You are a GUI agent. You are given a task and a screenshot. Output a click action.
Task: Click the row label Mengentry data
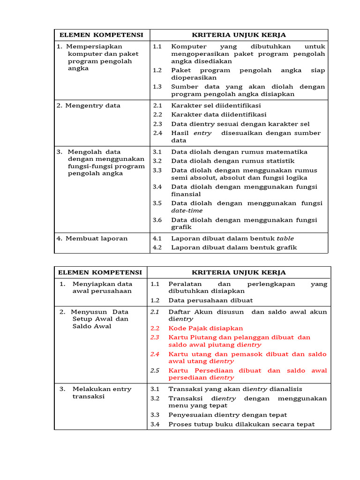pos(89,105)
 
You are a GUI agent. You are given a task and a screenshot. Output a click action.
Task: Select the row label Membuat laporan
pos(92,238)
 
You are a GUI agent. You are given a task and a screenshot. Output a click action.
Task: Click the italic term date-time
pos(187,210)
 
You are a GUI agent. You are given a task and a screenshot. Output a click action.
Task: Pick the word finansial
pos(186,194)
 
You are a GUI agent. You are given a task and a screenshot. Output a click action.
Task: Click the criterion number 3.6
pos(157,220)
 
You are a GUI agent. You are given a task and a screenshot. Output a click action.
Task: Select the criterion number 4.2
pos(157,247)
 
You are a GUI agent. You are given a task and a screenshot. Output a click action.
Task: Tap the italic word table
pos(285,239)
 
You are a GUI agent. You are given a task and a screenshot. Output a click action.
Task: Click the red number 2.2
pos(155,328)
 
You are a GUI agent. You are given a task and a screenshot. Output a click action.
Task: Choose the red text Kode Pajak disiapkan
pos(206,328)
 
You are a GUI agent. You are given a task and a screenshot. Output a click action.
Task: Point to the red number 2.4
pos(155,354)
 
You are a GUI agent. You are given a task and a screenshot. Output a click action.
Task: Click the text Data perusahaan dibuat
pos(210,300)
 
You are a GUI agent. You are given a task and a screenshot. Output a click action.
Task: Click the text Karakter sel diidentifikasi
pos(216,105)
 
